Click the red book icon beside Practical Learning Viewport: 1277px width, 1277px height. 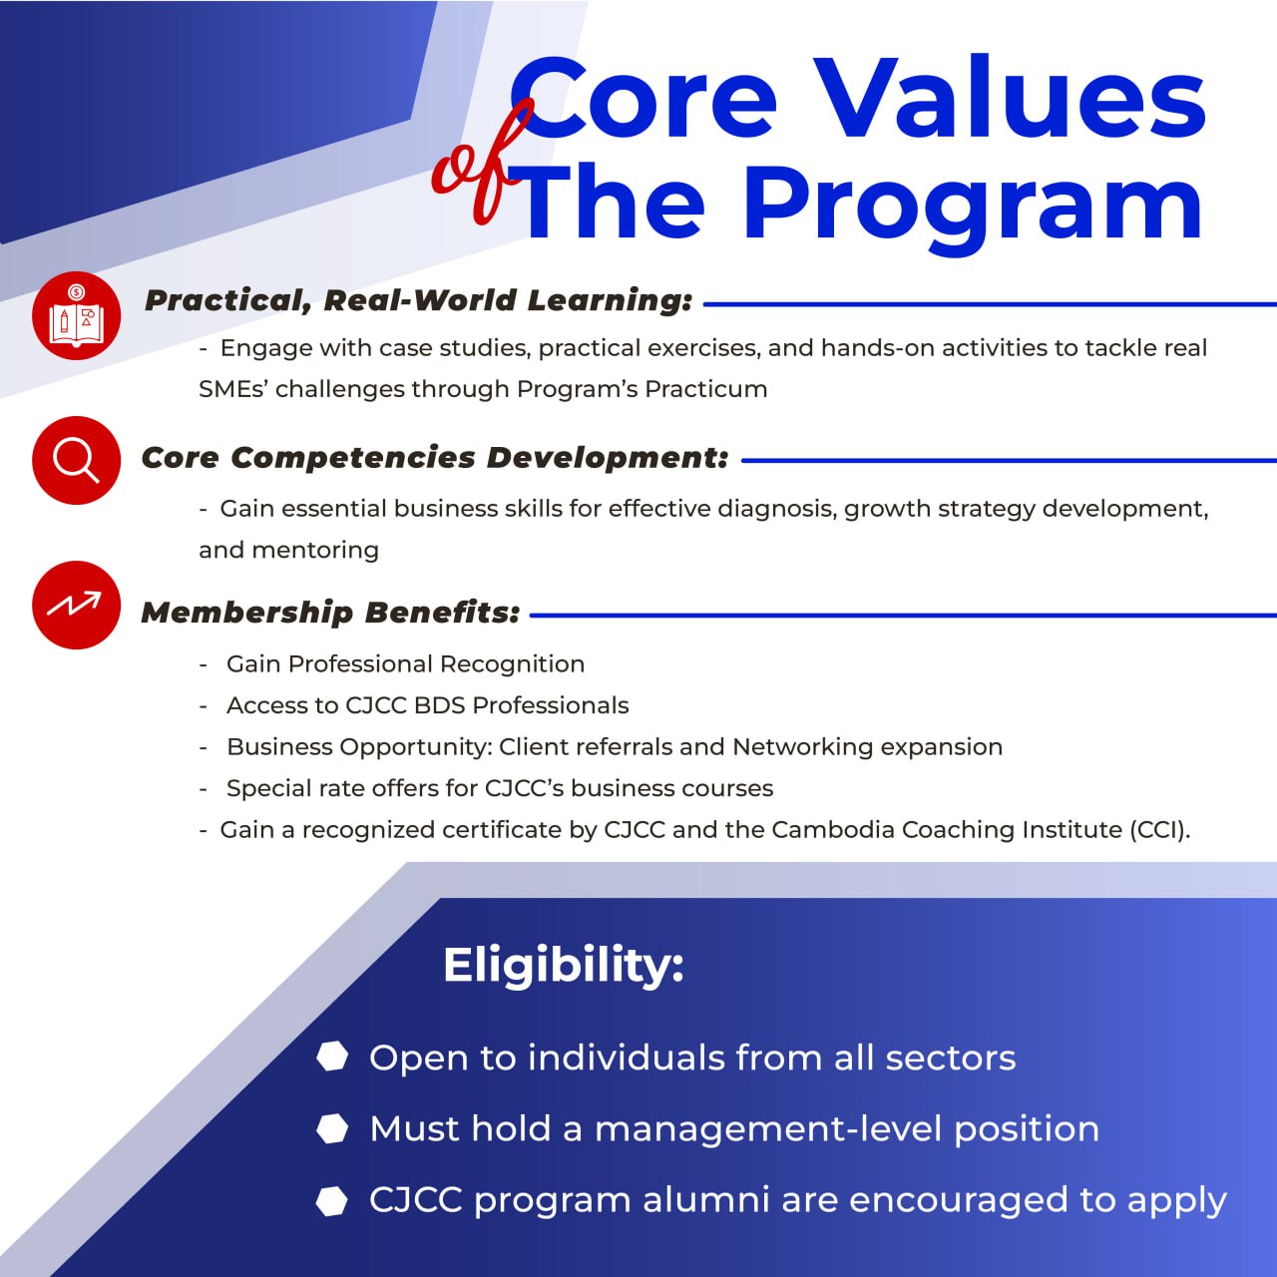76,315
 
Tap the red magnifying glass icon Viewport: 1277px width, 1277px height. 76,460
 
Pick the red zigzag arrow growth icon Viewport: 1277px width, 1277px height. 76,605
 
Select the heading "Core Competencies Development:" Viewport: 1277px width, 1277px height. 435,458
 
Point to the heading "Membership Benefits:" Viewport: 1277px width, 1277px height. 330,613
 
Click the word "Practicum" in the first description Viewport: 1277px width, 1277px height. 705,389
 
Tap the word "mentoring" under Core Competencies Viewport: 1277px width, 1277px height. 315,550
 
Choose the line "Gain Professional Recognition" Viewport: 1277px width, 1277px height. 406,664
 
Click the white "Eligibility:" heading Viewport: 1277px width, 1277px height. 564,966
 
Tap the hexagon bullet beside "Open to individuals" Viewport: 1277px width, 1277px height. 332,1057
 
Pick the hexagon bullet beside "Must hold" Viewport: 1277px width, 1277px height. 332,1128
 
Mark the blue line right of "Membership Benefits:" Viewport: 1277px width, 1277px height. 903,615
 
